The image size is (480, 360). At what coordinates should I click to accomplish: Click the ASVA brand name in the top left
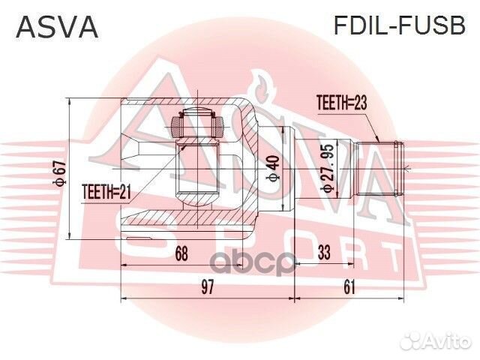[56, 27]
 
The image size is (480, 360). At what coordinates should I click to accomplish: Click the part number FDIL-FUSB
[399, 27]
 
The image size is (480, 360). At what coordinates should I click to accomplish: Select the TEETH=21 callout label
[106, 193]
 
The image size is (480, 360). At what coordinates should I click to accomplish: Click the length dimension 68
[180, 253]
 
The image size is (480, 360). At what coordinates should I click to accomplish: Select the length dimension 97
[207, 286]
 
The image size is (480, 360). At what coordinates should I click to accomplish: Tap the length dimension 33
[324, 253]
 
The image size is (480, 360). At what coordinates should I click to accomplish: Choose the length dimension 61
[349, 286]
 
